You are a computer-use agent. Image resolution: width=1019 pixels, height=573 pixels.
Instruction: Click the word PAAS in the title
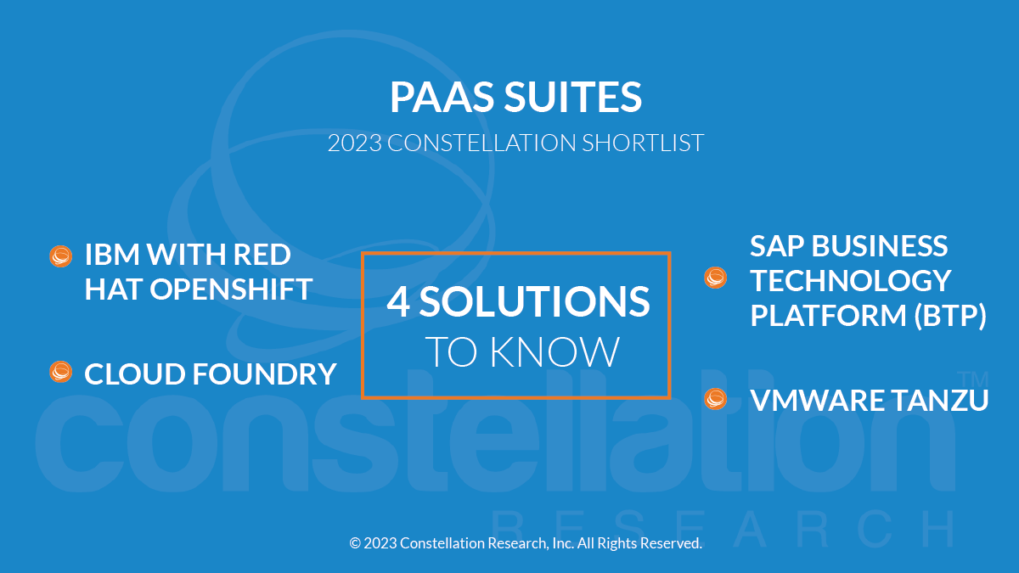coord(442,97)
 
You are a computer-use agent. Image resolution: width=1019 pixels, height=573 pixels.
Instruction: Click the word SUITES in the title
coord(573,97)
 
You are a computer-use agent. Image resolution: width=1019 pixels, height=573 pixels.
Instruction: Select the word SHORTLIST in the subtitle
coord(643,143)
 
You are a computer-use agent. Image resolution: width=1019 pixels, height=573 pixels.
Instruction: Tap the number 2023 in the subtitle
coord(355,143)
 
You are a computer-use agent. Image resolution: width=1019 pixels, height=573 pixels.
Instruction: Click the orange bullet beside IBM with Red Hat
coord(60,256)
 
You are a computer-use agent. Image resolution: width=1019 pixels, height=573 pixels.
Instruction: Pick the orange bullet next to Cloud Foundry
coord(60,372)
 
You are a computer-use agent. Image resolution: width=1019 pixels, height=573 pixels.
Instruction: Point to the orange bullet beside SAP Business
coord(715,278)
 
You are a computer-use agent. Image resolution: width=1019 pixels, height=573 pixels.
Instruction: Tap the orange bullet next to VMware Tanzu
coord(715,399)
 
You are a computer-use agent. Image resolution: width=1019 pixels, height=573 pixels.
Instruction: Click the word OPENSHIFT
coord(231,289)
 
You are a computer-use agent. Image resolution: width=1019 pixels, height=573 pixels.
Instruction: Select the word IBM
coord(112,254)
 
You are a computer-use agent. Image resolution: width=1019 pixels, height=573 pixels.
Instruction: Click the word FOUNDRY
coord(264,374)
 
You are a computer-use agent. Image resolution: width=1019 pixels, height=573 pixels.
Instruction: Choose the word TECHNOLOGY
coord(851,281)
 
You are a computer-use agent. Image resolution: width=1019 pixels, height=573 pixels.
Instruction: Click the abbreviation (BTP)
coord(950,315)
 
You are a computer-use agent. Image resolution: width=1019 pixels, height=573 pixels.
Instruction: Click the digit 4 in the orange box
coord(398,301)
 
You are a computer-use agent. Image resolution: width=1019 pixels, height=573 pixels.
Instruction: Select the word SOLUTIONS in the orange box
coord(534,301)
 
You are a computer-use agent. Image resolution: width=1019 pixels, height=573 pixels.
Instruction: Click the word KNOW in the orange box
coord(555,351)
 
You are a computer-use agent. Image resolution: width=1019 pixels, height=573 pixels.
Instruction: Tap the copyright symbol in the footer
coord(355,543)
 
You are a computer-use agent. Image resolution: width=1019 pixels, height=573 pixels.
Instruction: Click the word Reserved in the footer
coord(672,543)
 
